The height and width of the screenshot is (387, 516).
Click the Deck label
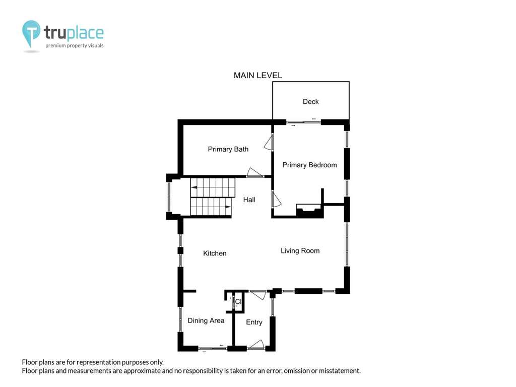coord(310,101)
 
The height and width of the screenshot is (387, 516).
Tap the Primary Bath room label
coord(228,149)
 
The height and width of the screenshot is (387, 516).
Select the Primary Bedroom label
coord(310,165)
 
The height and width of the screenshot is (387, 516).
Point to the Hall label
coord(249,200)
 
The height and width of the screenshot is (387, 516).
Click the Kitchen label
coord(215,253)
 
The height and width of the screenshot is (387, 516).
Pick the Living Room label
coord(300,251)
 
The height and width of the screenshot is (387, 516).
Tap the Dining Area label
coord(206,320)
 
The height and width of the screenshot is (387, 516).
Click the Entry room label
coord(254,322)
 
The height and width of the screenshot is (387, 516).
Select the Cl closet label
coord(238,301)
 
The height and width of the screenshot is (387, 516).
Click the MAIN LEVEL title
coord(258,76)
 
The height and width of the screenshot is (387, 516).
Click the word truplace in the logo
coord(74,33)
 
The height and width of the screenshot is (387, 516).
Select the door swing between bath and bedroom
coord(269,142)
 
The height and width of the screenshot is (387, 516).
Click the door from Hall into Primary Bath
coord(254,172)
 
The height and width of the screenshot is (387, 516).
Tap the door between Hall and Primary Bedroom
coord(276,200)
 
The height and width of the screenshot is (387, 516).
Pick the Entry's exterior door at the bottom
coord(256,344)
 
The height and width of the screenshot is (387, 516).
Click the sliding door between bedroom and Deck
coord(303,122)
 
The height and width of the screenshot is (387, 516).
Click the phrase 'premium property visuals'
coord(75,45)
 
